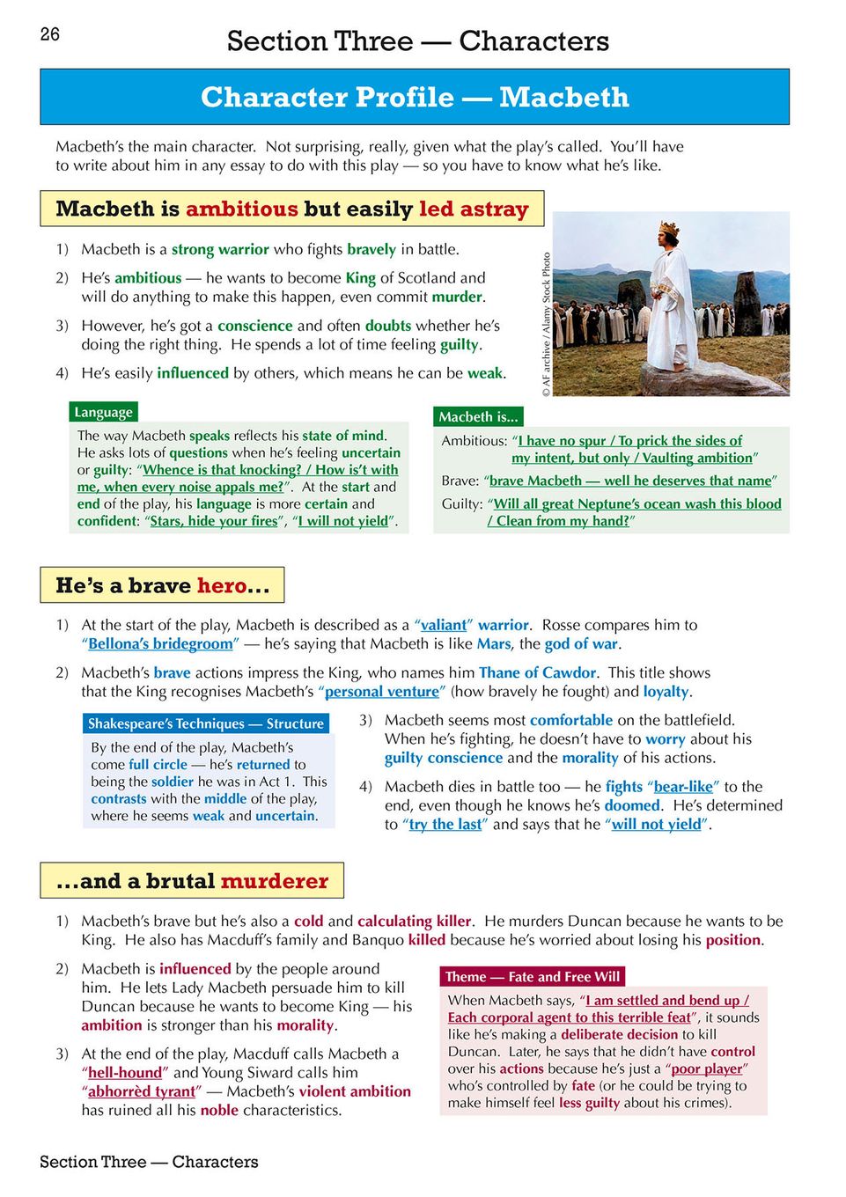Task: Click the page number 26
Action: coord(50,34)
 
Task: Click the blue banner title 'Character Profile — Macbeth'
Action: coord(415,97)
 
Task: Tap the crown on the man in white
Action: coord(669,229)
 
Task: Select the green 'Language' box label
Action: coord(104,412)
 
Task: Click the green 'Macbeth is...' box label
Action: coord(478,417)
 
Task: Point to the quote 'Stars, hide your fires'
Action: coord(214,521)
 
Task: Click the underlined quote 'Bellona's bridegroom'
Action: coord(161,643)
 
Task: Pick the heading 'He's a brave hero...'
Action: coord(162,585)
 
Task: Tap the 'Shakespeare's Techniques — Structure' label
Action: coord(206,723)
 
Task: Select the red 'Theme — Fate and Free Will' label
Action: coord(532,976)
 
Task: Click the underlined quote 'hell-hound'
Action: coord(125,1072)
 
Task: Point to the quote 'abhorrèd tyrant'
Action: coord(142,1091)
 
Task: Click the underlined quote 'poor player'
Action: coord(707,1068)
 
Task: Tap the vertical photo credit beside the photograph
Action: coord(547,325)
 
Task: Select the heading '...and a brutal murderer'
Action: coord(192,881)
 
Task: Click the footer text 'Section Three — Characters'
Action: coord(149,1162)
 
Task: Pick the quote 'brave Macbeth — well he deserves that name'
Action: coord(630,481)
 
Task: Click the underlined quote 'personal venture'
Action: coord(382,692)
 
